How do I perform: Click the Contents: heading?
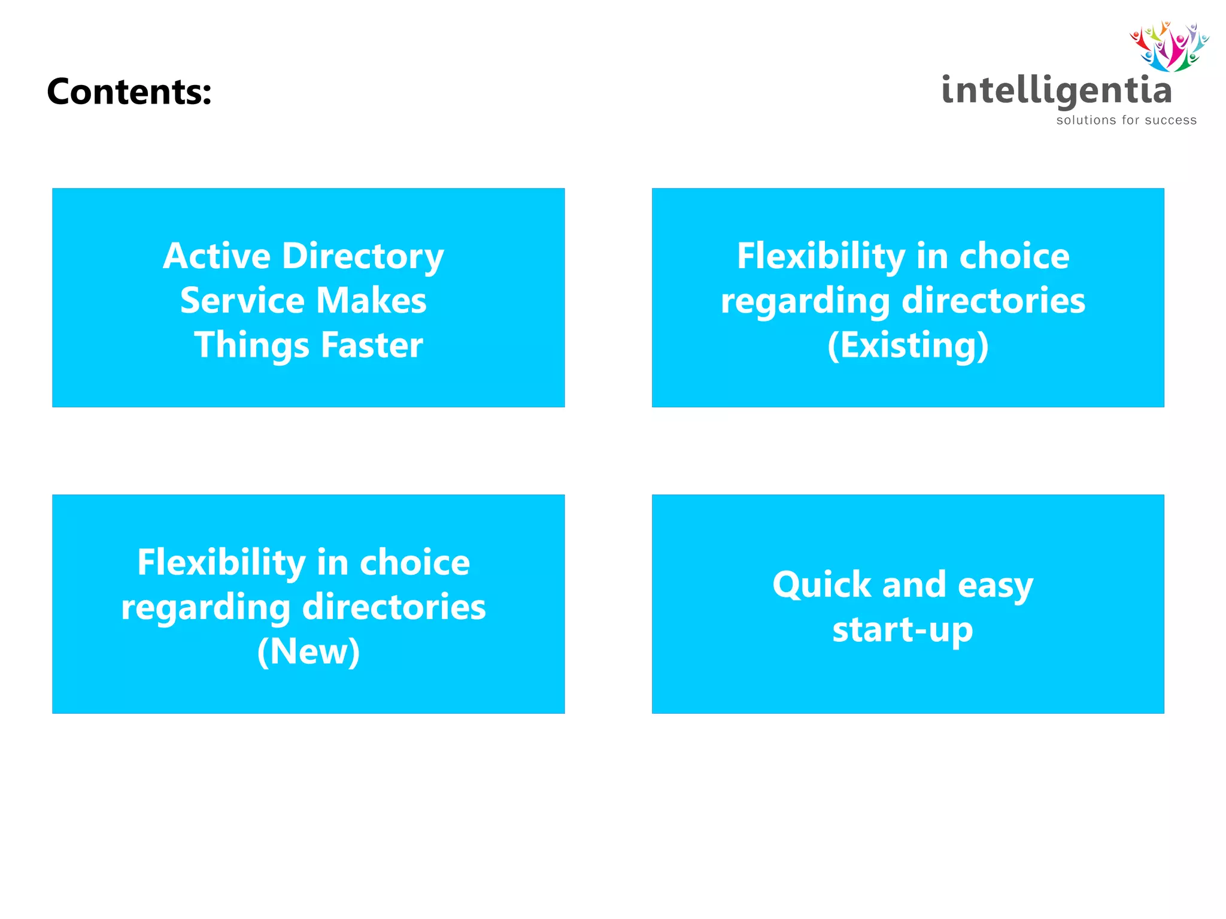[x=129, y=92]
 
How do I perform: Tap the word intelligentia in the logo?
[x=1056, y=91]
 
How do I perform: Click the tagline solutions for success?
[x=1126, y=120]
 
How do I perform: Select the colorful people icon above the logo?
[x=1169, y=46]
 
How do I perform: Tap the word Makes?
[x=371, y=301]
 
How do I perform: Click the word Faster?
[x=372, y=345]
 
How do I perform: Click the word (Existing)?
[x=908, y=346]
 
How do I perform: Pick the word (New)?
[x=308, y=651]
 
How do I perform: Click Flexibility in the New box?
[x=221, y=563]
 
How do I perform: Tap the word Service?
[x=242, y=301]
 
